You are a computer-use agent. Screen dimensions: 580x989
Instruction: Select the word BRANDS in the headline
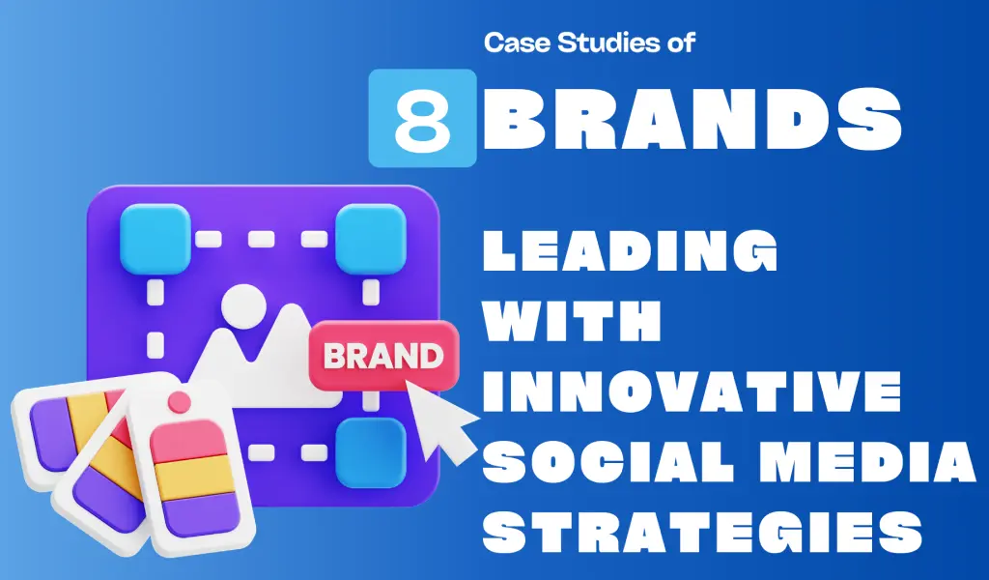tap(692, 119)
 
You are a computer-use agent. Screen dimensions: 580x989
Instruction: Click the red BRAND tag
tap(381, 354)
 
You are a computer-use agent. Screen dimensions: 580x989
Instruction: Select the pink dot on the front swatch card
tap(178, 399)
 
